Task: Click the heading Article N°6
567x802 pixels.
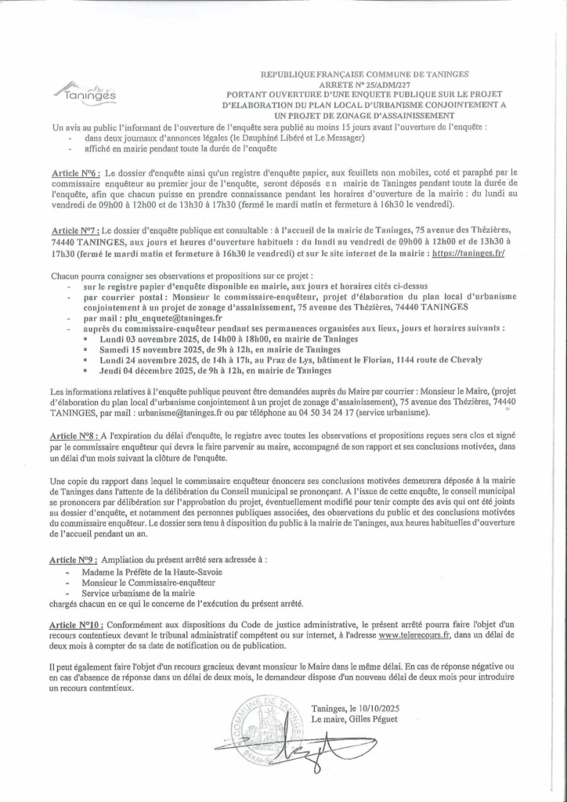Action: coord(74,172)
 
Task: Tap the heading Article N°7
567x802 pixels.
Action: coord(74,232)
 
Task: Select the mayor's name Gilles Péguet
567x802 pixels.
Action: coord(374,719)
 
